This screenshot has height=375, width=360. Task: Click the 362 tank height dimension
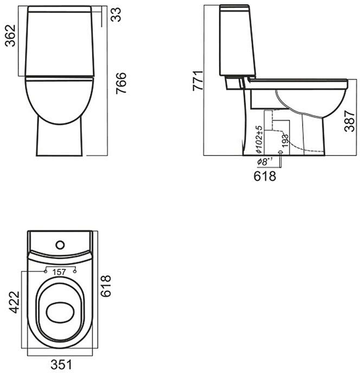click(x=11, y=36)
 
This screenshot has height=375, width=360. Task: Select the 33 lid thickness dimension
click(x=117, y=15)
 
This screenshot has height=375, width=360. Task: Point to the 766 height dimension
click(x=121, y=83)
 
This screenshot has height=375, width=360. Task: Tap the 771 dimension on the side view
click(x=198, y=81)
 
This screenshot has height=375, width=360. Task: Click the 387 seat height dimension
click(x=350, y=121)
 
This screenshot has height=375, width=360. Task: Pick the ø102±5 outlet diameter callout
click(x=259, y=140)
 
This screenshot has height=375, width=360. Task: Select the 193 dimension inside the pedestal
click(x=285, y=140)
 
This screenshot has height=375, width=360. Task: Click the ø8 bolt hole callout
click(x=265, y=161)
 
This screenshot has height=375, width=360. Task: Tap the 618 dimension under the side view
click(x=265, y=176)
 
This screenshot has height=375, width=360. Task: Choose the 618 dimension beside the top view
click(x=106, y=286)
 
